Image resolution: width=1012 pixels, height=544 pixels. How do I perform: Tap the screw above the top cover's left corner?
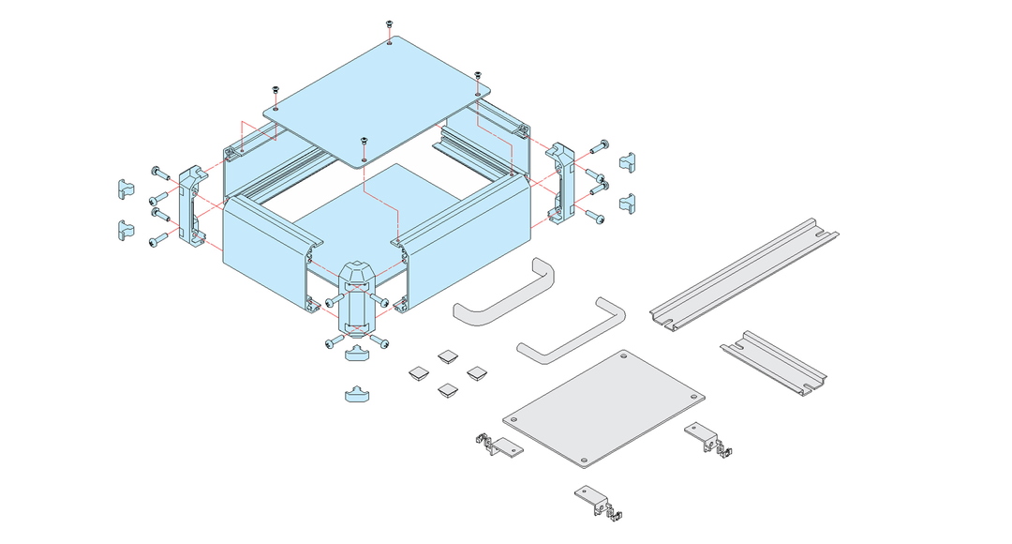coord(275,91)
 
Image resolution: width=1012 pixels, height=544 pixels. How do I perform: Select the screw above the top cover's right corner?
coord(477,76)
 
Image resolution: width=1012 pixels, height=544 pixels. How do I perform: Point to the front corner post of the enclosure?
coord(356,298)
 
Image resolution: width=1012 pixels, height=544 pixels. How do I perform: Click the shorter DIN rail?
coord(774,363)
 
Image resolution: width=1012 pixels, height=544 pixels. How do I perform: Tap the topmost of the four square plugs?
coord(447,356)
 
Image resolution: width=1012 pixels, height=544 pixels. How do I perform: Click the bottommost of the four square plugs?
coord(447,388)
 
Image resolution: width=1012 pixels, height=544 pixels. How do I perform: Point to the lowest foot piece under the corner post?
coord(357,394)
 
